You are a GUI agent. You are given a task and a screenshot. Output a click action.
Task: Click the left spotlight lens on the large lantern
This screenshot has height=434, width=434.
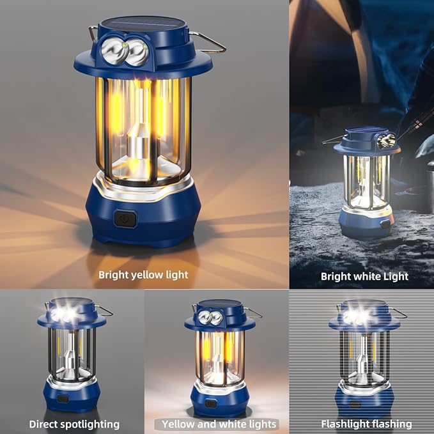(113, 49)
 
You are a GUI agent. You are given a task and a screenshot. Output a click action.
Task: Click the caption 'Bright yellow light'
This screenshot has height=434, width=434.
(143, 275)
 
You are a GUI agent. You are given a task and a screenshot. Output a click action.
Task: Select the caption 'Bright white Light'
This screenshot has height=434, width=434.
(364, 276)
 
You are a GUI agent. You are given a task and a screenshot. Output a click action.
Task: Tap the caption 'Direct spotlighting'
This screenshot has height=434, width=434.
(74, 424)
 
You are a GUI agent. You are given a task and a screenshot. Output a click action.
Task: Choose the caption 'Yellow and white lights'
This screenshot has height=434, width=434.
(219, 424)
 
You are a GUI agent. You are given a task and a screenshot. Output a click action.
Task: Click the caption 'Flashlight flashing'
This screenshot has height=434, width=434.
(366, 424)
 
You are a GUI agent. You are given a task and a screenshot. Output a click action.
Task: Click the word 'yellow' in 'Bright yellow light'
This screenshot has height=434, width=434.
(146, 275)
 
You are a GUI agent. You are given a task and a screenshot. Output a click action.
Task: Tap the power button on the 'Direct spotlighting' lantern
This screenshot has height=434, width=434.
(63, 398)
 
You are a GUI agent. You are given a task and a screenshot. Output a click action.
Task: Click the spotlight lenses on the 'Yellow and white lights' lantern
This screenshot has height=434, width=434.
(210, 318)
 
